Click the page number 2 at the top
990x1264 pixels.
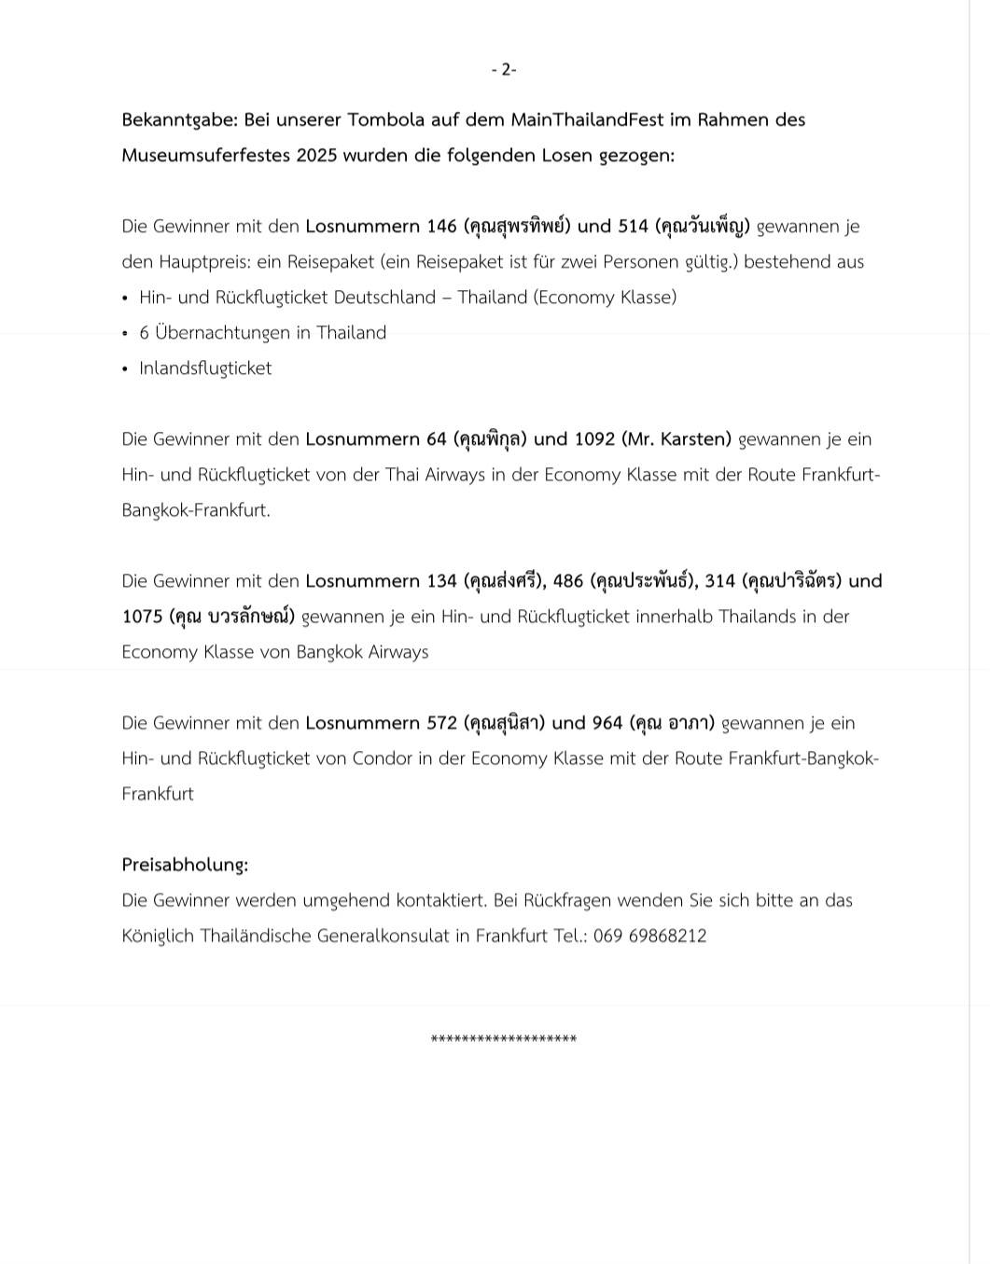(505, 70)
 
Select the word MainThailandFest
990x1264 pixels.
(587, 119)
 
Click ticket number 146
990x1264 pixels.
(441, 226)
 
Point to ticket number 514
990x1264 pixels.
(633, 226)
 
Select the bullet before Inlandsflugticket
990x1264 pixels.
(125, 369)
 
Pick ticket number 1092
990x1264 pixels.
(595, 438)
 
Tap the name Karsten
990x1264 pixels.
(693, 438)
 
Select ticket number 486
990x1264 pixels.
(568, 580)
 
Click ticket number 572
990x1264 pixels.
(441, 722)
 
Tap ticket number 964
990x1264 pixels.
(607, 722)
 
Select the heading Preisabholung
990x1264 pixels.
(185, 864)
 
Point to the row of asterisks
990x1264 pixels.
(504, 1039)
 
